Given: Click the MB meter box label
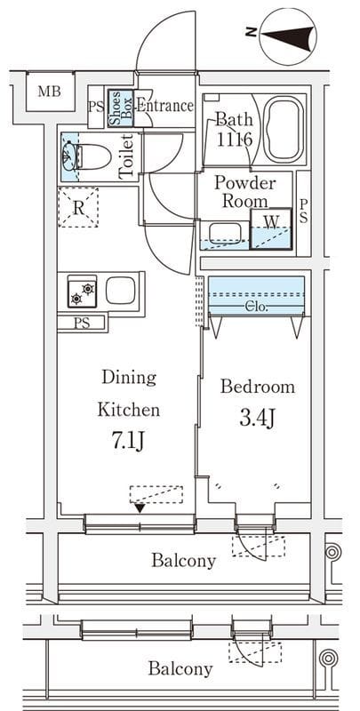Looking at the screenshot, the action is [x=50, y=92].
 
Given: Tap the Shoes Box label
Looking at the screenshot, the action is [x=121, y=108].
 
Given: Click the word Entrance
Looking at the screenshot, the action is [x=165, y=107].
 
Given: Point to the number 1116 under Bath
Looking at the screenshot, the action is [x=234, y=140].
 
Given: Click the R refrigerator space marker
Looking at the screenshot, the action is [x=78, y=208].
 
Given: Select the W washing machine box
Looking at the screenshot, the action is [x=271, y=228].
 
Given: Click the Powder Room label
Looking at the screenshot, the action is [x=244, y=191].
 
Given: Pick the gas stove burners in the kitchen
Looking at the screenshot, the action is [x=82, y=291].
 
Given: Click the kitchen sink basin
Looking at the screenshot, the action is [x=121, y=291].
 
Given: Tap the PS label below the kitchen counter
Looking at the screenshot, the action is [x=81, y=324].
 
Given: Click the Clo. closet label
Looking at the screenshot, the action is [x=257, y=307].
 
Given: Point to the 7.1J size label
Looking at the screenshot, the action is [x=128, y=442].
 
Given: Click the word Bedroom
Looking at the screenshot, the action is [x=258, y=387].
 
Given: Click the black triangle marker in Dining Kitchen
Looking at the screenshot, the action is [x=140, y=508].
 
